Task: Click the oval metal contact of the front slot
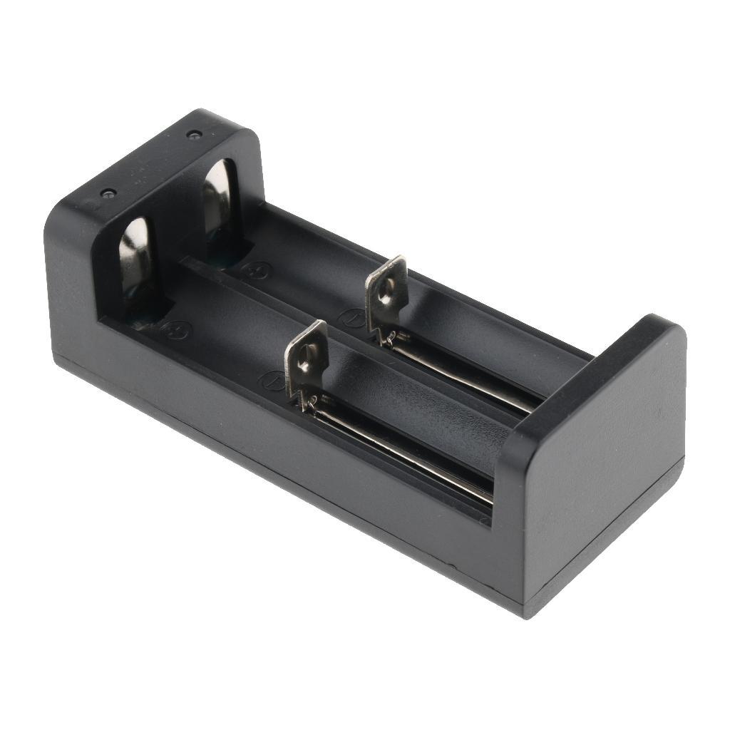[136, 261]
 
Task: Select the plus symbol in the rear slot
[252, 270]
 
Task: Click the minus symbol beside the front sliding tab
[270, 379]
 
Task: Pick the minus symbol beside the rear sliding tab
[350, 317]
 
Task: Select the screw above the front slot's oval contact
[108, 193]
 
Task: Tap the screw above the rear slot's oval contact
[192, 134]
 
